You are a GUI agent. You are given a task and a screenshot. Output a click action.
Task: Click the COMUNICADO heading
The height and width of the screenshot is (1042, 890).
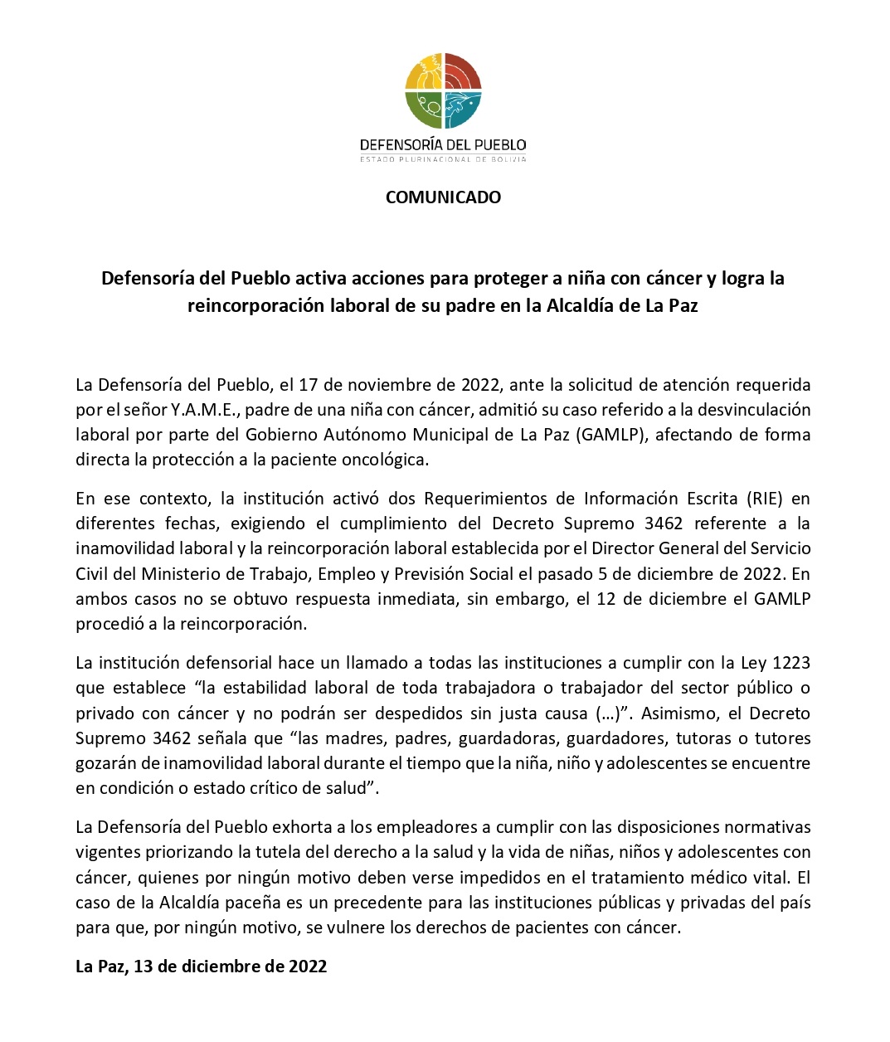(443, 197)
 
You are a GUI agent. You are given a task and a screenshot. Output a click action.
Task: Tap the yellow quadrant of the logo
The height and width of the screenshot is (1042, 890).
(425, 72)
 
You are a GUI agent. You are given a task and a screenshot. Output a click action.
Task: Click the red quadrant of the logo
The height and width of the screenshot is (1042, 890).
(462, 72)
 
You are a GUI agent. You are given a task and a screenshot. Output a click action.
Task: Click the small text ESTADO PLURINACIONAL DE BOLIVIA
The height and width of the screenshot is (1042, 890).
(443, 159)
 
